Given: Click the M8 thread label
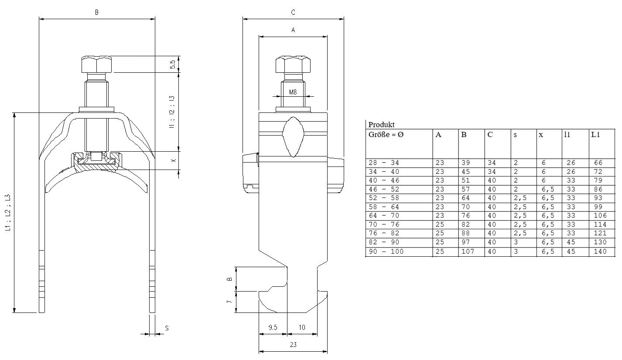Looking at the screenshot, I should (x=293, y=92).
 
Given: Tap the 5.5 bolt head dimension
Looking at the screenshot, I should (x=173, y=64).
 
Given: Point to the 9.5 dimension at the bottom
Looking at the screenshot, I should (x=273, y=327).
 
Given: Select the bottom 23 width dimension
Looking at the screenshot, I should (x=293, y=344).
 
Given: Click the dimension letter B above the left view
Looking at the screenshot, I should (x=97, y=13).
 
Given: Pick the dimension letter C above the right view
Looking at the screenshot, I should (x=293, y=13).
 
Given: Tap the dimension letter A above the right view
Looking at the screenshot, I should (x=293, y=30).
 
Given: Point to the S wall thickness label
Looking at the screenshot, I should (x=167, y=328).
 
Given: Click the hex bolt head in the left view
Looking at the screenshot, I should (x=96, y=65).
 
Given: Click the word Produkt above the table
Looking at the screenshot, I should (x=381, y=125).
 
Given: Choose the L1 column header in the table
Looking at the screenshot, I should (x=596, y=135).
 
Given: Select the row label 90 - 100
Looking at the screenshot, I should (x=386, y=251).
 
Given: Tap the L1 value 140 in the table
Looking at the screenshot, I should (x=600, y=251).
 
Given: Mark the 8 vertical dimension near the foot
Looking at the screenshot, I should (x=230, y=279).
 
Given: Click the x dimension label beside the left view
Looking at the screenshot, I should (x=173, y=161).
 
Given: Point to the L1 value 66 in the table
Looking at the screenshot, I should (x=598, y=163).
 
